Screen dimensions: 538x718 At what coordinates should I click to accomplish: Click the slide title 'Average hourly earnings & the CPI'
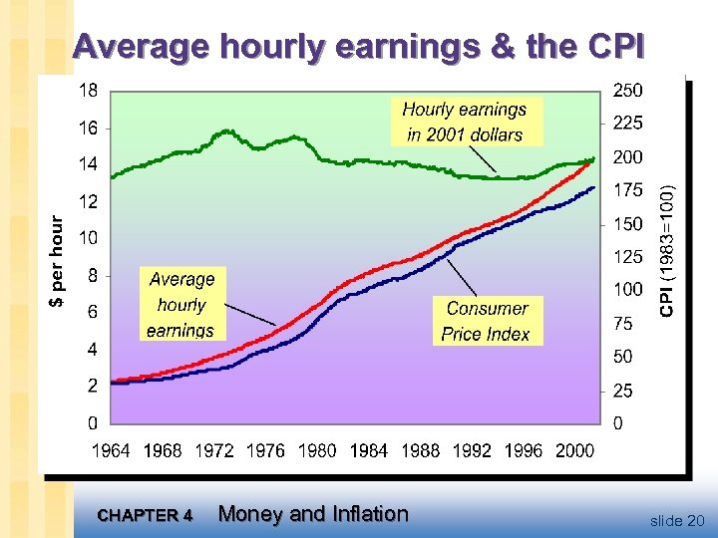(x=359, y=47)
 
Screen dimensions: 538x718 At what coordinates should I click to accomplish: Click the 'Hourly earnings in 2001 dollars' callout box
(x=465, y=122)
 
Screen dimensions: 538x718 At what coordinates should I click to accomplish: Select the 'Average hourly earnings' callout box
(x=180, y=304)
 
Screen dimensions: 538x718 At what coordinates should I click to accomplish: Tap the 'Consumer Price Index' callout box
(x=487, y=321)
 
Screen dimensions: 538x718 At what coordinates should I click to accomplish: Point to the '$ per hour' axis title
(x=58, y=262)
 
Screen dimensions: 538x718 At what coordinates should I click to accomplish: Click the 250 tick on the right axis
(x=628, y=91)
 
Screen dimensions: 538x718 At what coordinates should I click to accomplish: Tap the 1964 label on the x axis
(x=111, y=450)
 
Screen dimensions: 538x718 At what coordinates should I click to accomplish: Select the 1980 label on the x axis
(x=317, y=450)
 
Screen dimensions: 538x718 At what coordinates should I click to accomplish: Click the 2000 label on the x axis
(x=574, y=450)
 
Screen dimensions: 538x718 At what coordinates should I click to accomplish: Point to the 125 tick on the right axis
(x=628, y=257)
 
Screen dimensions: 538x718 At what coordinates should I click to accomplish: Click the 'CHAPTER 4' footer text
(x=146, y=516)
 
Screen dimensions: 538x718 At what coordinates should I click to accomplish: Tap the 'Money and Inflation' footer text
(x=313, y=514)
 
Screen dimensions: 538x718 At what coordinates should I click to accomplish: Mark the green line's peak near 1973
(x=227, y=131)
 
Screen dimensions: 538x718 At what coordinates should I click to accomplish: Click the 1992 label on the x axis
(x=472, y=450)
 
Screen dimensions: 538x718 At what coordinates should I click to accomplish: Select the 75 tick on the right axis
(x=623, y=323)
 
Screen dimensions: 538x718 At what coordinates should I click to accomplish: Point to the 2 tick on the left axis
(x=92, y=386)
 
